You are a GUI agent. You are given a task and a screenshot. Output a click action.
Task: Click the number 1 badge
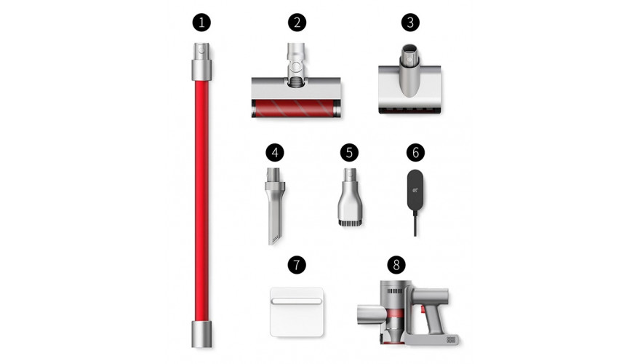201,23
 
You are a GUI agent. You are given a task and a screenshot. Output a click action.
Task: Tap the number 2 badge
297,23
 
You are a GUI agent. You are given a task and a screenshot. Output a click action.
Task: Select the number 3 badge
410,23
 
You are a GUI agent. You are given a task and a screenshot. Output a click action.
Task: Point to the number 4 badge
275,153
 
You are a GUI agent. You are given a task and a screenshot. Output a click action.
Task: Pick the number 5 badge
349,153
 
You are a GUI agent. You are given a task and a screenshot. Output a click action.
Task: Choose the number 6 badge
415,153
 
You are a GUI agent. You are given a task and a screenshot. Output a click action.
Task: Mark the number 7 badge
297,265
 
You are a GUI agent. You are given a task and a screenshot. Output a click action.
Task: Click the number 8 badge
396,265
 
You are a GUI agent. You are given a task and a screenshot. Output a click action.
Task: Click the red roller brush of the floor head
296,108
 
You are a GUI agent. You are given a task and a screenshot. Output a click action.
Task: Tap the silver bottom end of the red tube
201,334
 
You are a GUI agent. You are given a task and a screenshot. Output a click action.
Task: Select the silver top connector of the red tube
201,61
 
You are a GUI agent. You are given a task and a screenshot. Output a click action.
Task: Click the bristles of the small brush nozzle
350,223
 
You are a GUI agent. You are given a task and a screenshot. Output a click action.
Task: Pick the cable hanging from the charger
415,223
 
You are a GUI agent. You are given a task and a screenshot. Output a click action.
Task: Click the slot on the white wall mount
296,301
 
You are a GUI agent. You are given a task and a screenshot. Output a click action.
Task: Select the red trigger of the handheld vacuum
423,310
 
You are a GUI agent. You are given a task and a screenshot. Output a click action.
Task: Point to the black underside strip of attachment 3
409,111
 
